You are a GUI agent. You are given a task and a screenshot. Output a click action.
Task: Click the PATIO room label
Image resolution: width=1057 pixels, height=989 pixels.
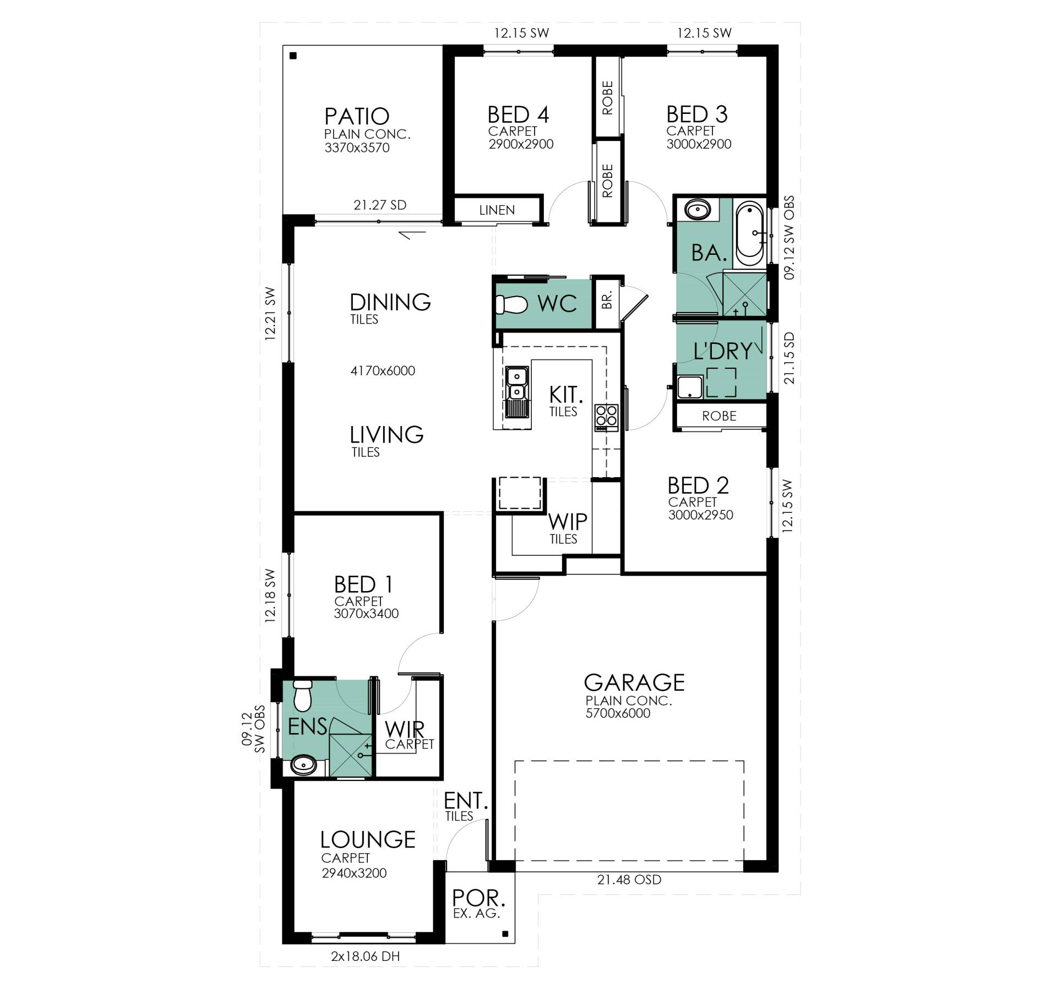357,116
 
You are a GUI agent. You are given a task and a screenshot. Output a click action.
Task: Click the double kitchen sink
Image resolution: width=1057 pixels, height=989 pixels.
516,392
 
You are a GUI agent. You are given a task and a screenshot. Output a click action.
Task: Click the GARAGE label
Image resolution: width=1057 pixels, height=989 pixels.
634,682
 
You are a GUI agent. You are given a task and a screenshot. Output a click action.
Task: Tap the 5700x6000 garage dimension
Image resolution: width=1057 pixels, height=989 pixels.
618,713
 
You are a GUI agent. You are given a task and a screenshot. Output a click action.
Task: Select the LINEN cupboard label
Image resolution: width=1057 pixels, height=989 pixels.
497,210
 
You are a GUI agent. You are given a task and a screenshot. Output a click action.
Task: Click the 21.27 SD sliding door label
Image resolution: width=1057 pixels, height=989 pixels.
380,205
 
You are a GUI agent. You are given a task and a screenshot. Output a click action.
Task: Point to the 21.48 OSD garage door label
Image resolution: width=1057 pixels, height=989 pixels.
629,879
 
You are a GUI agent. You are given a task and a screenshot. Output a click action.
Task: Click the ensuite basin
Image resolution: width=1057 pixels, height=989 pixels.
303,764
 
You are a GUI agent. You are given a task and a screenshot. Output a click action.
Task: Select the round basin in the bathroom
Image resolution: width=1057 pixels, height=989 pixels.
698,210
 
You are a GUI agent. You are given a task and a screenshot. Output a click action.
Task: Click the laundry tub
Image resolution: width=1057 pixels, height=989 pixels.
690,387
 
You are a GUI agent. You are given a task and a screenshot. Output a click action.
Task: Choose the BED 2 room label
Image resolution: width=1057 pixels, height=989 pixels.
698,485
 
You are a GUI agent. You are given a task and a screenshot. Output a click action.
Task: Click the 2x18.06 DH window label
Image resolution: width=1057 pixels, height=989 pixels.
365,957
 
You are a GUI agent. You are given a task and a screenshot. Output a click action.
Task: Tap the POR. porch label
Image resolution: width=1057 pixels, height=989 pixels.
478,899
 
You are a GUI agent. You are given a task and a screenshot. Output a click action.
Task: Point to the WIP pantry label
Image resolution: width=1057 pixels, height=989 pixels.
568,521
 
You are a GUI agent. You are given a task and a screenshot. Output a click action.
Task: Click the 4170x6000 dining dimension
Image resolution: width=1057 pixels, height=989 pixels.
383,371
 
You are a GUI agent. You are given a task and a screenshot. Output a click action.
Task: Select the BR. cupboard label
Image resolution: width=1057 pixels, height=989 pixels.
607,300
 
